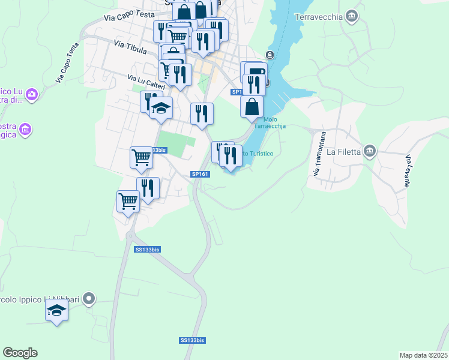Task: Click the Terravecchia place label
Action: [318, 16]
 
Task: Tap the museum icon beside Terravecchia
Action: [352, 16]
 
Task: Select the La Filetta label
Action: [344, 152]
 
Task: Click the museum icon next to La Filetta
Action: [370, 151]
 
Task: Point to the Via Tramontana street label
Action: [319, 154]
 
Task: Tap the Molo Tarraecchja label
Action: [270, 122]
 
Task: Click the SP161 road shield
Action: [200, 174]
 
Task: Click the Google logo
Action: [20, 353]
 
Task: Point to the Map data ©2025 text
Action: [423, 355]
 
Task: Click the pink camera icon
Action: [32, 94]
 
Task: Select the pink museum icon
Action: [25, 129]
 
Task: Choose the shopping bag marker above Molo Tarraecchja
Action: [252, 107]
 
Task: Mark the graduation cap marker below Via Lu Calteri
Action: [161, 108]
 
